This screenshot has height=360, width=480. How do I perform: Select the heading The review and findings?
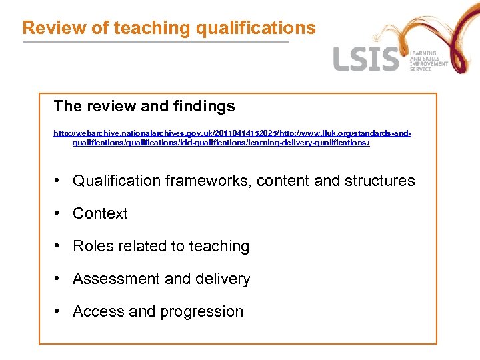point(144,106)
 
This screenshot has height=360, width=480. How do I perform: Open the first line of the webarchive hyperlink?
point(232,133)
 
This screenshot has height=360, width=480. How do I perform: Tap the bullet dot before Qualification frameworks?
point(59,181)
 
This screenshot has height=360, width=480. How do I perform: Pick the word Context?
point(100,213)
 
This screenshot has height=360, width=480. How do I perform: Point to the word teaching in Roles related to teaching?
point(219,246)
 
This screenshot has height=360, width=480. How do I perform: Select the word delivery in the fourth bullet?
point(223,279)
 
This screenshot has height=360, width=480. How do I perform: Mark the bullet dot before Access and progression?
point(59,311)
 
